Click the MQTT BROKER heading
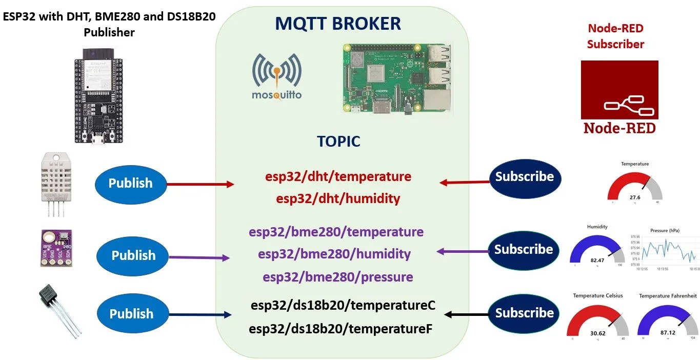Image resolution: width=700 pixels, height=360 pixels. point(338,24)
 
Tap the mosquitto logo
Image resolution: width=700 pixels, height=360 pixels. point(277,77)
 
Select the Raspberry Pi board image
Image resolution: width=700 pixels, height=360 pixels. point(397,78)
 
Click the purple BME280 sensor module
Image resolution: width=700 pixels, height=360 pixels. point(56,248)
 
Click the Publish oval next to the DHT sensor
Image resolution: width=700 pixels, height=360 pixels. point(131,183)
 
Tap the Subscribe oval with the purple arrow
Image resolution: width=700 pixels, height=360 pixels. point(523,250)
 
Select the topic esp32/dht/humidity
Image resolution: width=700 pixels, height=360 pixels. point(338,198)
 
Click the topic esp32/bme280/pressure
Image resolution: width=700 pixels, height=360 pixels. point(338,277)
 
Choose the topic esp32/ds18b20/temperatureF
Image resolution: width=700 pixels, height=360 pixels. point(341,328)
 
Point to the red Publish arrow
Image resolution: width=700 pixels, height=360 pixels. point(201,184)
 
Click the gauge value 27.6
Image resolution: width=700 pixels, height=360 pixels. point(635,197)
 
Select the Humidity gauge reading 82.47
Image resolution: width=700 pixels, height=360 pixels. point(597,261)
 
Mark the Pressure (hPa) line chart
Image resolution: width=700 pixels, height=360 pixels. point(664,249)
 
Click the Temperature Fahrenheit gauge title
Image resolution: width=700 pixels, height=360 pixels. point(668,296)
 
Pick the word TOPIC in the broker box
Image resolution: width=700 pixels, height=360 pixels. point(338,142)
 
